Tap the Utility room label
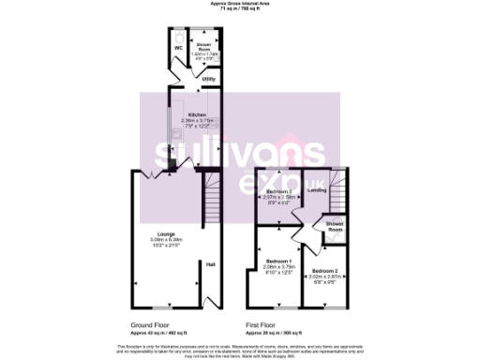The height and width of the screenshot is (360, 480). pos(207,80)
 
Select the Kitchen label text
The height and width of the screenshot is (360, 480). pos(195,114)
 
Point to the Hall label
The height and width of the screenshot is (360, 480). pos(211,264)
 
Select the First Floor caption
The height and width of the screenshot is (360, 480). pos(262,324)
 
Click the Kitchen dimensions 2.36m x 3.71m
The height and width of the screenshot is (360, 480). pos(195,120)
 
